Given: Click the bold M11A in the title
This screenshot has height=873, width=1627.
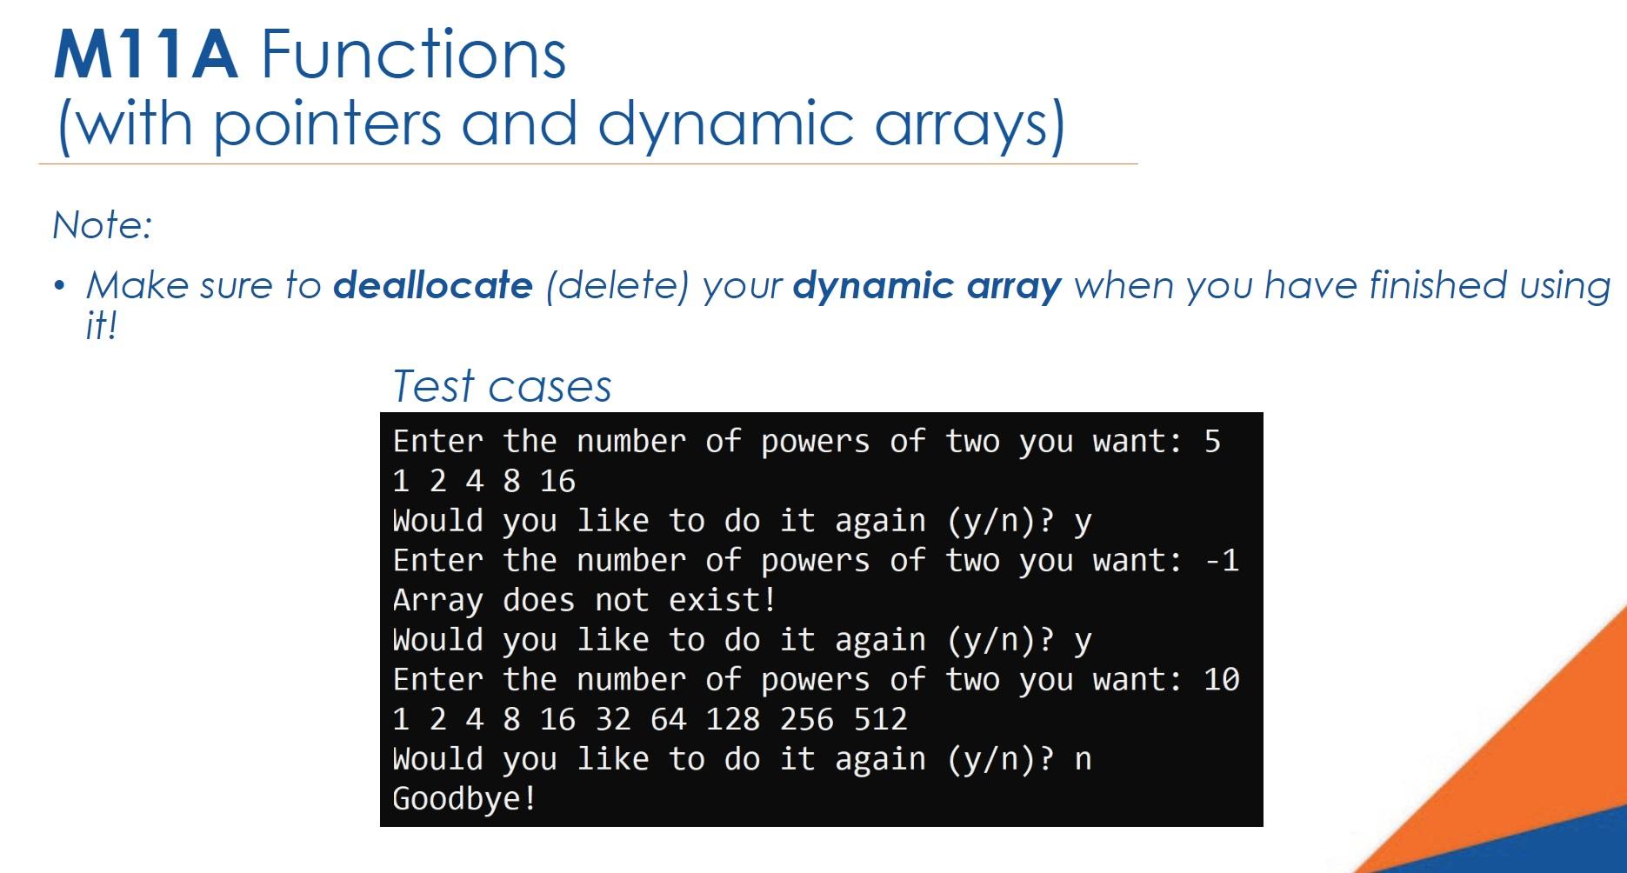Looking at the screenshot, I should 145,55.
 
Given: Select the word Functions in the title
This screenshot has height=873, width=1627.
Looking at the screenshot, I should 413,55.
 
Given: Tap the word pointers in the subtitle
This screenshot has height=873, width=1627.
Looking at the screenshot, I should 327,123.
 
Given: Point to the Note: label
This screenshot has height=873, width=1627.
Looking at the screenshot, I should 103,225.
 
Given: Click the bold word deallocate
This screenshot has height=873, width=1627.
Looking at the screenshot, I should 432,285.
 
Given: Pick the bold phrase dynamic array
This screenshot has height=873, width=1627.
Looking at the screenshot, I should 927,286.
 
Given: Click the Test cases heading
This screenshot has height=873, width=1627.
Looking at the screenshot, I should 502,386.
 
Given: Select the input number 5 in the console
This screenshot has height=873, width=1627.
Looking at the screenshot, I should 1212,442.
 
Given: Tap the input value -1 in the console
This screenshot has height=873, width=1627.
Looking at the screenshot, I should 1222,561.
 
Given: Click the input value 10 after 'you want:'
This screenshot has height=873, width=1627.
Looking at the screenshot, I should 1222,680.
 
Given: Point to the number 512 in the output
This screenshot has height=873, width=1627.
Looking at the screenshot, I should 880,720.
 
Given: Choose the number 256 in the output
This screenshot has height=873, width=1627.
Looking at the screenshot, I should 806,720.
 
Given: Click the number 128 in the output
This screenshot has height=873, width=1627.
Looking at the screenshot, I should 732,720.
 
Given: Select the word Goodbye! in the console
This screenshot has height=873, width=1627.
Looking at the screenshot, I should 464,799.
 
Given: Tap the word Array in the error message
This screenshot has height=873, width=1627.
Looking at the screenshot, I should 437,601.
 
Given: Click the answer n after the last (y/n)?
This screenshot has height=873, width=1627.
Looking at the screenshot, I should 1083,760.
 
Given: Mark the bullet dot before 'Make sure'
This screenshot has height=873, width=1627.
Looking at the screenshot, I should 58,286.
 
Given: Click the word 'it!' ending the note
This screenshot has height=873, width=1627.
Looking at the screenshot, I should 100,326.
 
